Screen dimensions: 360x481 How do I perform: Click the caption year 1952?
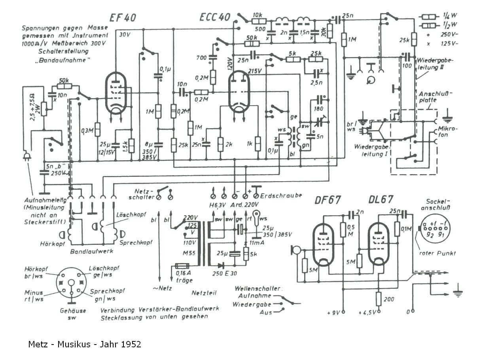[131, 344]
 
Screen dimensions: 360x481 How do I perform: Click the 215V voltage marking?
[255, 72]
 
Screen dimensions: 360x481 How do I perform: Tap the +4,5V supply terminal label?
[369, 313]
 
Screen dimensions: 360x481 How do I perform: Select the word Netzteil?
[203, 294]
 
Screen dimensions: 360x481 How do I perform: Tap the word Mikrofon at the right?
[447, 133]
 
